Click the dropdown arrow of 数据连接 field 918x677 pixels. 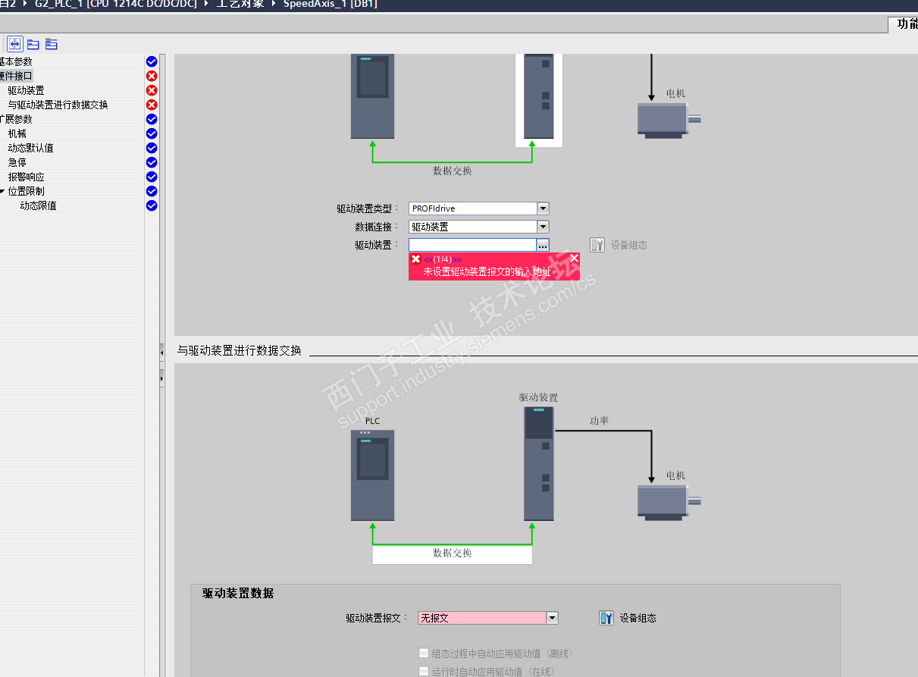point(543,227)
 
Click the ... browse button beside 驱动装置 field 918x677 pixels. point(543,245)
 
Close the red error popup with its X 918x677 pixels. point(574,259)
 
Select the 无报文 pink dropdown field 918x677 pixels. point(482,618)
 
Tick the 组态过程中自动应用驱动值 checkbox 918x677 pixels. point(424,653)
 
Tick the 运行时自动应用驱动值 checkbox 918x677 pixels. point(424,671)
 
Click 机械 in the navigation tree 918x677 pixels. point(17,133)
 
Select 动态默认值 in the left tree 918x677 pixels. point(31,148)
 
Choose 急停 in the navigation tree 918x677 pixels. point(17,162)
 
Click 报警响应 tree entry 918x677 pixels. point(27,177)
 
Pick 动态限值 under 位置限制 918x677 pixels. point(38,205)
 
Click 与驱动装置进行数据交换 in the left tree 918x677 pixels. point(58,105)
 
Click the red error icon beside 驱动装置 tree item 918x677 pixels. point(152,90)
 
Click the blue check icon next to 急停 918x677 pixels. point(152,162)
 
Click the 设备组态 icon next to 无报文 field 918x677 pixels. point(606,618)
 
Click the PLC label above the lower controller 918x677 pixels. point(372,421)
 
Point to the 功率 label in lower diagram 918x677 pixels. point(599,421)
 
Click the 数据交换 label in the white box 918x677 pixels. point(452,553)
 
